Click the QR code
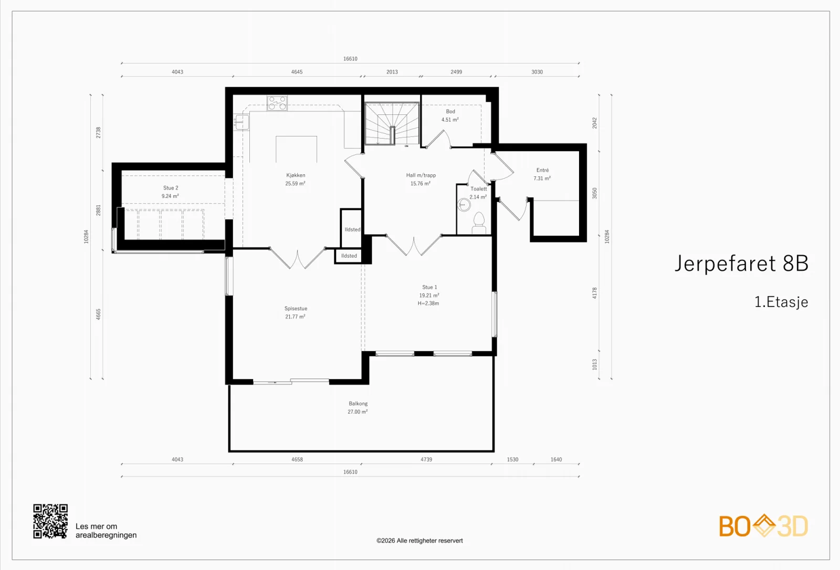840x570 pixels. (x=50, y=521)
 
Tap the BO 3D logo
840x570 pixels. (x=763, y=526)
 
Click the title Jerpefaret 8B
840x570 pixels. (x=741, y=263)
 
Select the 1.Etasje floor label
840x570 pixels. (x=781, y=302)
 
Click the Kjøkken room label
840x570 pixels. (x=296, y=175)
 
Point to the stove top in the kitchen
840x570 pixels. (x=277, y=103)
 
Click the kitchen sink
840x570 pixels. (x=241, y=122)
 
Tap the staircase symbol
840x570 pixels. (x=392, y=124)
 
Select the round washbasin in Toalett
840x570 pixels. (x=464, y=205)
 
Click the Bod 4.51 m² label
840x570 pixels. (x=450, y=115)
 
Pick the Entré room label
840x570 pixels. (x=542, y=170)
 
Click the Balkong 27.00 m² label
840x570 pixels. (x=358, y=408)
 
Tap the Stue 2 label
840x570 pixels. (x=171, y=188)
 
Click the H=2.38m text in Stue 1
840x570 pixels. (x=428, y=303)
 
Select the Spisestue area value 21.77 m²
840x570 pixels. (x=295, y=316)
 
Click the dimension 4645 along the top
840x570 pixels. (x=297, y=71)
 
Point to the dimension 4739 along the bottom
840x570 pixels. (x=426, y=459)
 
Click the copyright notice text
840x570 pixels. (x=419, y=541)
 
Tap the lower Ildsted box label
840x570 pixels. (x=349, y=256)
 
